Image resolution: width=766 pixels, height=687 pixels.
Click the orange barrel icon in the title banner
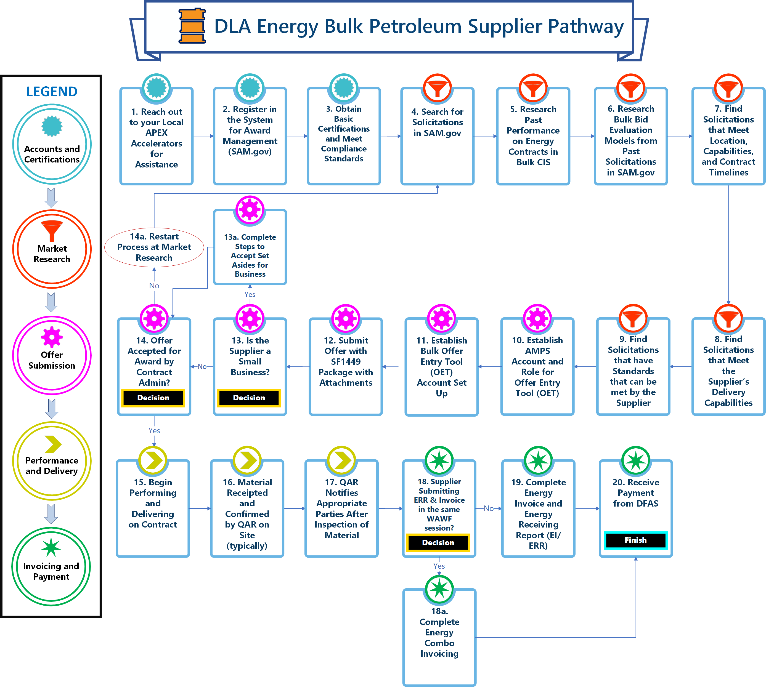click(x=192, y=26)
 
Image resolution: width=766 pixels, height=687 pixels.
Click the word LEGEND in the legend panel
click(x=52, y=92)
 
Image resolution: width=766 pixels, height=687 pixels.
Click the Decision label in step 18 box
click(x=438, y=543)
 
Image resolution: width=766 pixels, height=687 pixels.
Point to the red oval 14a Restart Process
click(x=154, y=247)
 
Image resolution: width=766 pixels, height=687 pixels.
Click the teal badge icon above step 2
click(x=250, y=87)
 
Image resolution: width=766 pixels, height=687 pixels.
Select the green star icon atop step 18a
click(x=439, y=589)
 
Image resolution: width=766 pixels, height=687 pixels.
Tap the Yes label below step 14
click(x=154, y=430)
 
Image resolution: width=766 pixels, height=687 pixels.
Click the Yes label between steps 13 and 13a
click(x=250, y=294)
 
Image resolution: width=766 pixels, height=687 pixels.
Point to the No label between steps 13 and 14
click(x=202, y=366)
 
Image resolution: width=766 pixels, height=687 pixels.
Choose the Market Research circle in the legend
click(x=52, y=249)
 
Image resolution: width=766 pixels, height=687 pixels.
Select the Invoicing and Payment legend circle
click(x=51, y=566)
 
